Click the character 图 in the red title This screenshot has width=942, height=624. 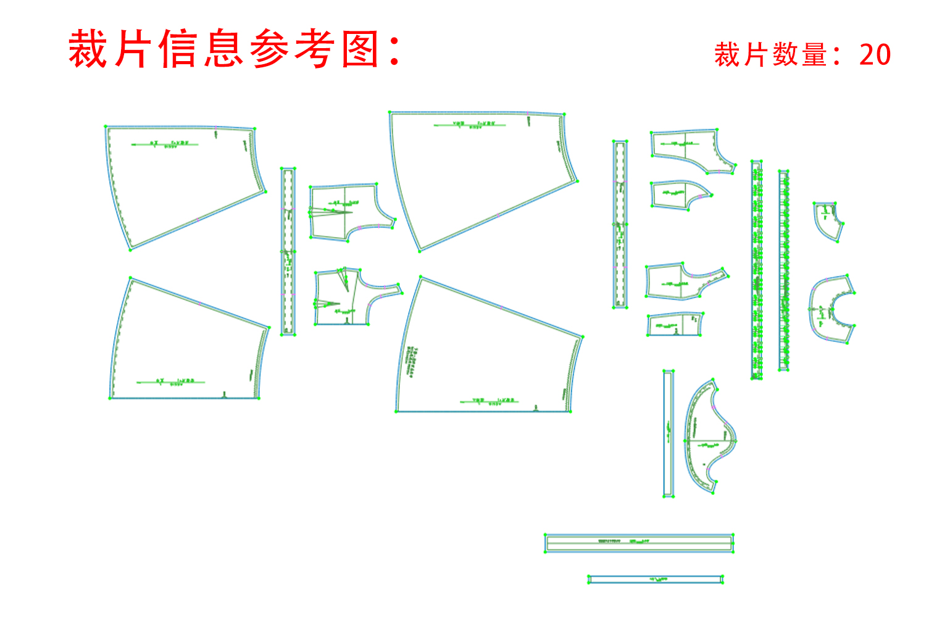coord(361,49)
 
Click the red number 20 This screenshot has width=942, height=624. coord(875,55)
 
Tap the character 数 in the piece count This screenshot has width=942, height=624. coord(786,55)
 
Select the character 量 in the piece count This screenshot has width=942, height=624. coord(815,55)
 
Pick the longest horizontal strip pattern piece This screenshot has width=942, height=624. coord(639,543)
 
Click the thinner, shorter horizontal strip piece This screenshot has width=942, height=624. coord(655,579)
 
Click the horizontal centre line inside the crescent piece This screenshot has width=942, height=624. coord(710,441)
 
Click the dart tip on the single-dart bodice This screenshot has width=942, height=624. coord(351,213)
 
